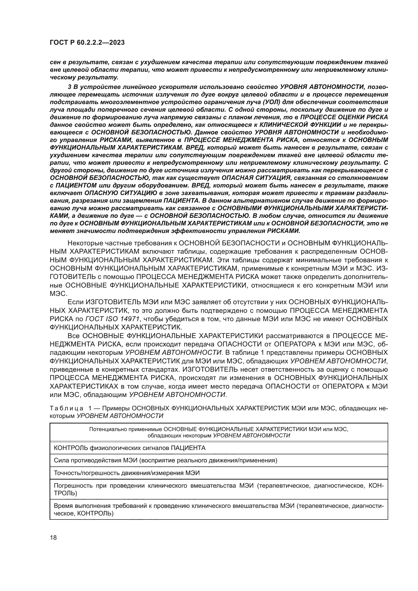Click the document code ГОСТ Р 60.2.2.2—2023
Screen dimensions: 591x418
click(x=87, y=43)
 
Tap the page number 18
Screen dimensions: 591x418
click(x=53, y=538)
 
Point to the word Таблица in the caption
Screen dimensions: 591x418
click(x=66, y=408)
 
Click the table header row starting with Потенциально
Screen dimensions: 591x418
click(x=219, y=432)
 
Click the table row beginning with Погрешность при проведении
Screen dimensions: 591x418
click(x=219, y=489)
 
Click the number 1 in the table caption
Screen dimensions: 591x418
click(x=90, y=408)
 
